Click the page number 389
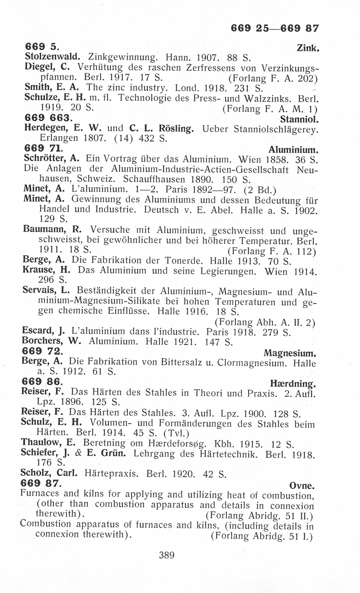click(166, 555)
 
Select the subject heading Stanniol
click(298, 119)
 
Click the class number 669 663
click(48, 118)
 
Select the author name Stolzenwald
click(52, 56)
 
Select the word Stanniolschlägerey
click(276, 129)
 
